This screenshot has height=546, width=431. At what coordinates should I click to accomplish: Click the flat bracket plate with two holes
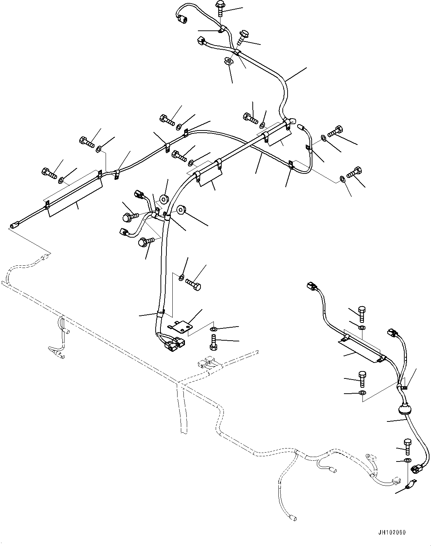point(180,326)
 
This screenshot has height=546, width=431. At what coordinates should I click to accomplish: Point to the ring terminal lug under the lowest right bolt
point(410,485)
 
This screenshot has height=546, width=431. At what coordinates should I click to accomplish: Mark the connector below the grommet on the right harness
point(417,469)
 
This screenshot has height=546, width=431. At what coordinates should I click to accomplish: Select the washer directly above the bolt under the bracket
point(214,329)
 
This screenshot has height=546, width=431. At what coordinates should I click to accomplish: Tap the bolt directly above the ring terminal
point(407,447)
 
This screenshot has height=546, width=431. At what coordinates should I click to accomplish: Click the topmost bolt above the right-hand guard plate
point(361,314)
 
